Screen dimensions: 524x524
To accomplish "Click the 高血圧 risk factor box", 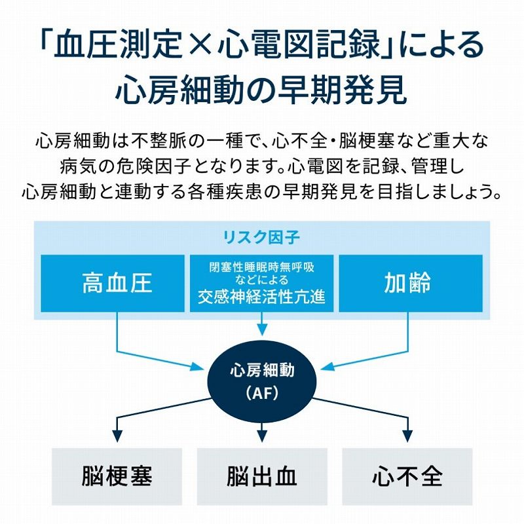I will [x=117, y=283].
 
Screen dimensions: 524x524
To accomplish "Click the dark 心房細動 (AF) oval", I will [x=262, y=380].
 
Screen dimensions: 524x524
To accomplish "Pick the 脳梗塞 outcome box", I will [x=117, y=476].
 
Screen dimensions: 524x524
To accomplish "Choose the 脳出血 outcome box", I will [x=262, y=476].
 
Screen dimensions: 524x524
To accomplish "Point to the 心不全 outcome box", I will [x=407, y=476].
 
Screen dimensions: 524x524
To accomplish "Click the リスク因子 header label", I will [x=262, y=237].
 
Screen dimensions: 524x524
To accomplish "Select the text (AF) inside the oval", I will [x=262, y=394].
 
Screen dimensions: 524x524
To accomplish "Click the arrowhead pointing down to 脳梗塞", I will [x=117, y=435].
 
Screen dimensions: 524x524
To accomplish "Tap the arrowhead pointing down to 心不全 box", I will [x=407, y=435].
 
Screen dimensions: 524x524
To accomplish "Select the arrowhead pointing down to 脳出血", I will [x=262, y=435].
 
